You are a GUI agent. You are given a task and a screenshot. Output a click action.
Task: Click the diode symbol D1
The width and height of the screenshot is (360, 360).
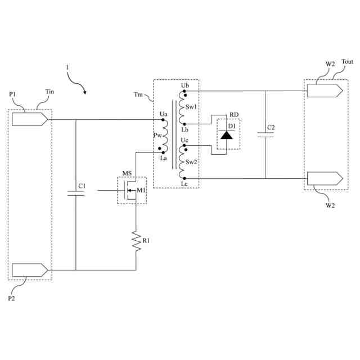click(227, 135)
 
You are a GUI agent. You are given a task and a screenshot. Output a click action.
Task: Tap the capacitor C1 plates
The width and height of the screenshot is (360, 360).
click(75, 193)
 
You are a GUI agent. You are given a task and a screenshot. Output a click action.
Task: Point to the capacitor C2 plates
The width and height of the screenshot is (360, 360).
click(265, 135)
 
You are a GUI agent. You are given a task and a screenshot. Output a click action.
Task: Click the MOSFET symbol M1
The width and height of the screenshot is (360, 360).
click(129, 191)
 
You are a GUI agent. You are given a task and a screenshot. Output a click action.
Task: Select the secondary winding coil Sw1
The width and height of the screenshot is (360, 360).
click(182, 107)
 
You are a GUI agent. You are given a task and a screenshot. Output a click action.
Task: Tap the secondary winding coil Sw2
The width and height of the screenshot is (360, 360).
click(182, 162)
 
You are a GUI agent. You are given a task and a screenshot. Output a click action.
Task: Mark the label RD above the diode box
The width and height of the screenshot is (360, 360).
click(234, 115)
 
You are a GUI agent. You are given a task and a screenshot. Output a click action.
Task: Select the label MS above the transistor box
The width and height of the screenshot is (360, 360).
click(127, 173)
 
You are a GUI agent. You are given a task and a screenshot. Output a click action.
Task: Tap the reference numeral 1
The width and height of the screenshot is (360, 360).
click(67, 67)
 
